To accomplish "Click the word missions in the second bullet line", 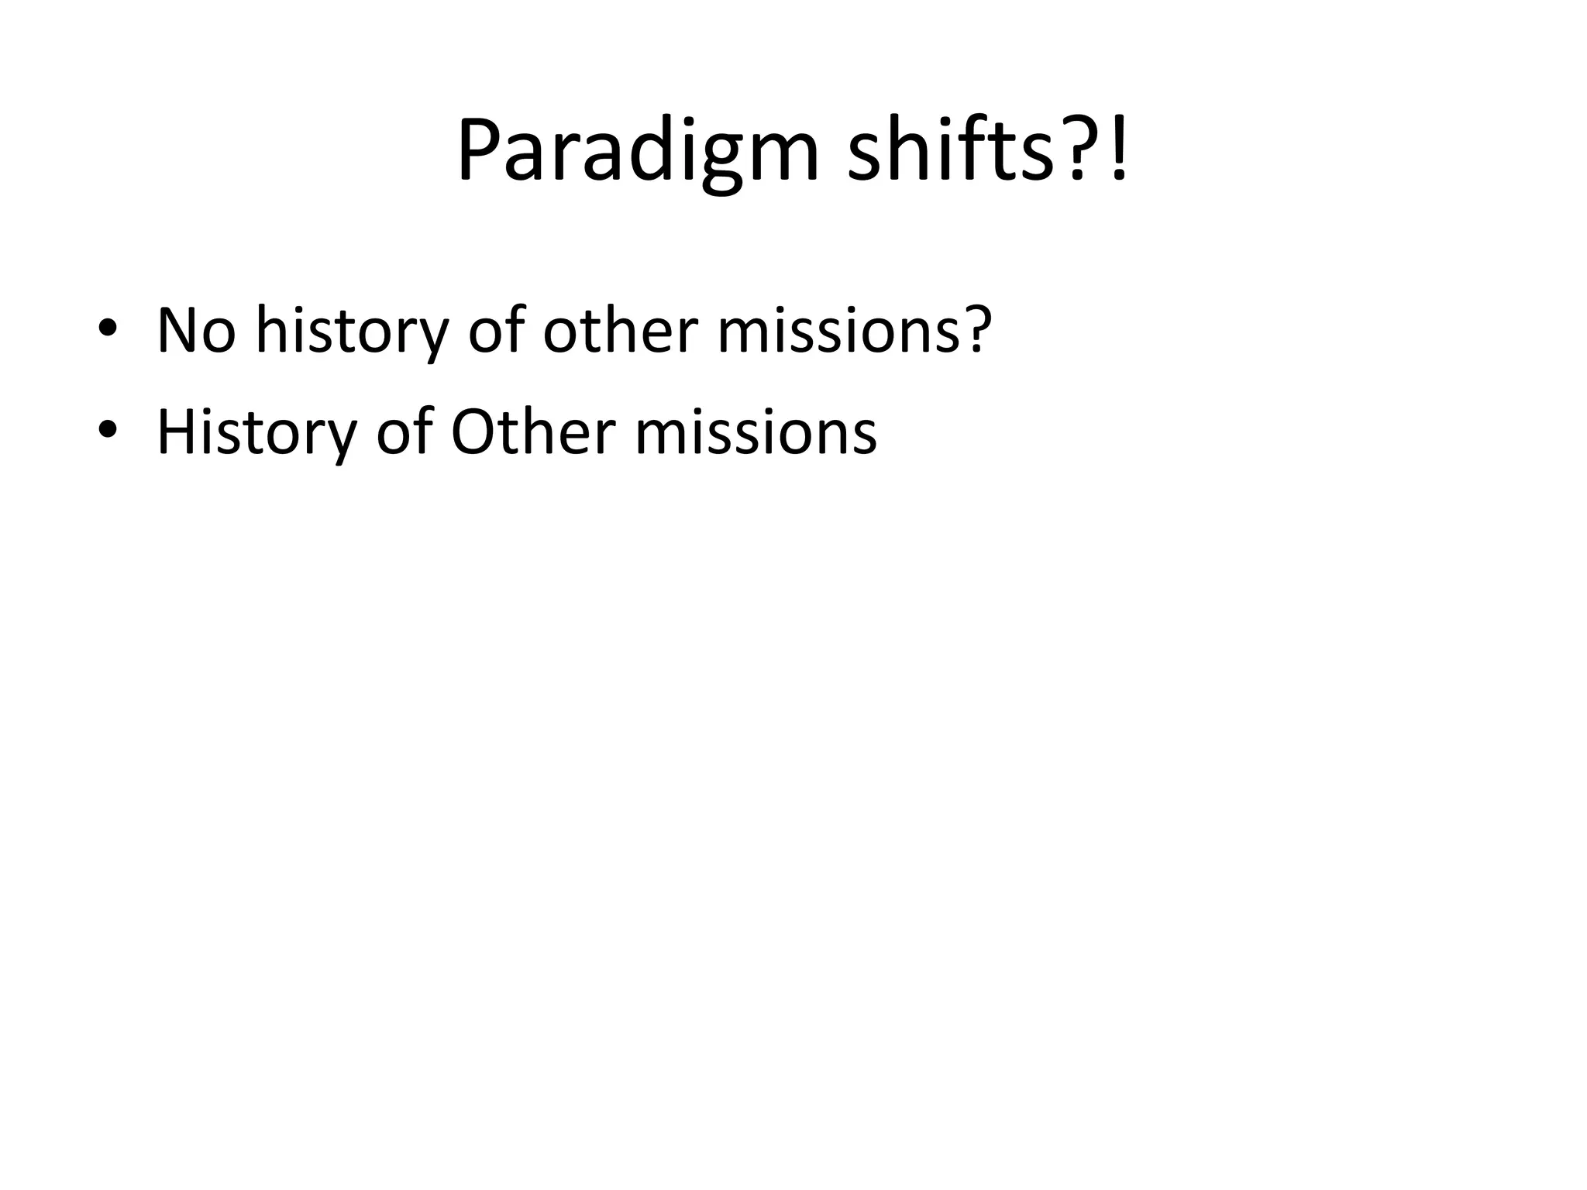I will (x=756, y=432).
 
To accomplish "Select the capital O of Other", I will (x=472, y=432).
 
